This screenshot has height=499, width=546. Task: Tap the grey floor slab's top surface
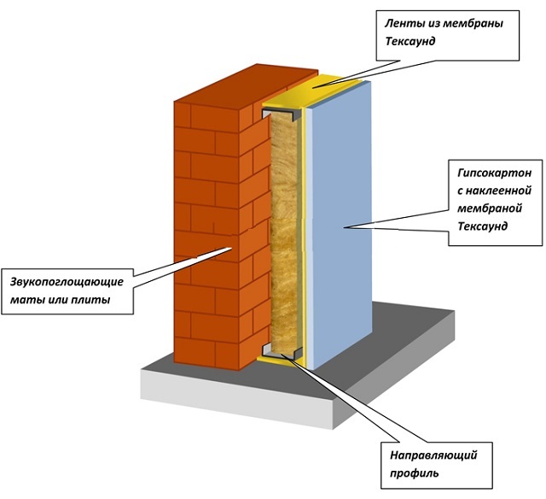pos(401,342)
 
